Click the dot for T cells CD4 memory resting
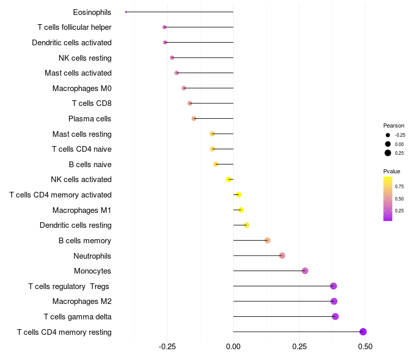click(363, 332)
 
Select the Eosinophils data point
click(126, 12)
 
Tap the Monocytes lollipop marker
click(305, 271)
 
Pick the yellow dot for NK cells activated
click(229, 179)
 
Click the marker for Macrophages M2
click(334, 301)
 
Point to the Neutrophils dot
click(282, 256)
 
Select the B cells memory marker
click(267, 241)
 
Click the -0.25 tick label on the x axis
click(167, 347)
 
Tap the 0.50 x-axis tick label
click(365, 347)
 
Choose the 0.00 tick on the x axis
click(233, 347)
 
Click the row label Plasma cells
click(90, 119)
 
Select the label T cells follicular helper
click(74, 27)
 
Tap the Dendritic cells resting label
click(76, 225)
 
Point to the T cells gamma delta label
click(78, 317)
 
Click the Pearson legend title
click(394, 125)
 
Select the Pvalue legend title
click(391, 171)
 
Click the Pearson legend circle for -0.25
click(387, 135)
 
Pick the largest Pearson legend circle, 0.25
click(387, 153)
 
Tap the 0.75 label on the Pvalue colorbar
click(399, 187)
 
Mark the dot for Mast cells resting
click(212, 134)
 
